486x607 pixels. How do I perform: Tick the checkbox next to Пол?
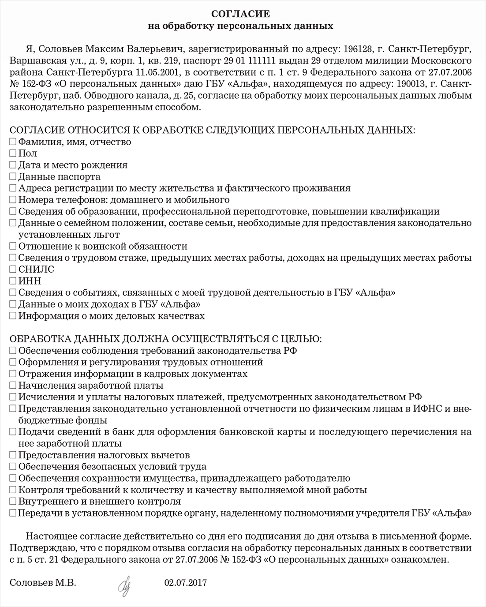tap(13, 154)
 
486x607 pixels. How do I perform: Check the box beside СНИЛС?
tap(13, 269)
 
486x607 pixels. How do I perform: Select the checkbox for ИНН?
tap(13, 281)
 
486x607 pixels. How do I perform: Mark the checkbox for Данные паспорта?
tap(13, 177)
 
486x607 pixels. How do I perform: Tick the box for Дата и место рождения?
tap(13, 165)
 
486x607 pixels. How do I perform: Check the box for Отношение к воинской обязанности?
tap(13, 246)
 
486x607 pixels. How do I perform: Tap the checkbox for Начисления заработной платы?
tap(13, 386)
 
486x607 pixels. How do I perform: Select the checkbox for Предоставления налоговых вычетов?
tap(13, 455)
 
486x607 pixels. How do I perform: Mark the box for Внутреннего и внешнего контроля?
tap(13, 502)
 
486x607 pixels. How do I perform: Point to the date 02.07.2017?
tap(185, 583)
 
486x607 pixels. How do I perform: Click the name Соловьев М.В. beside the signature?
tap(43, 583)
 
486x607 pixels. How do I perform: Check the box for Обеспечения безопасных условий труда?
tap(13, 467)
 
